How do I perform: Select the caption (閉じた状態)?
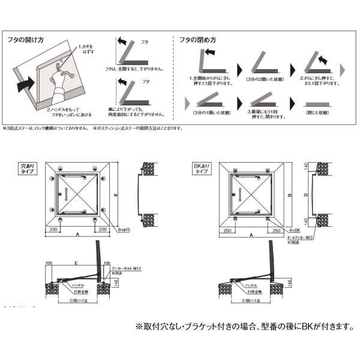pyautogui.click(x=316, y=112)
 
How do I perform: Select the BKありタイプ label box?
pyautogui.click(x=200, y=167)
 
